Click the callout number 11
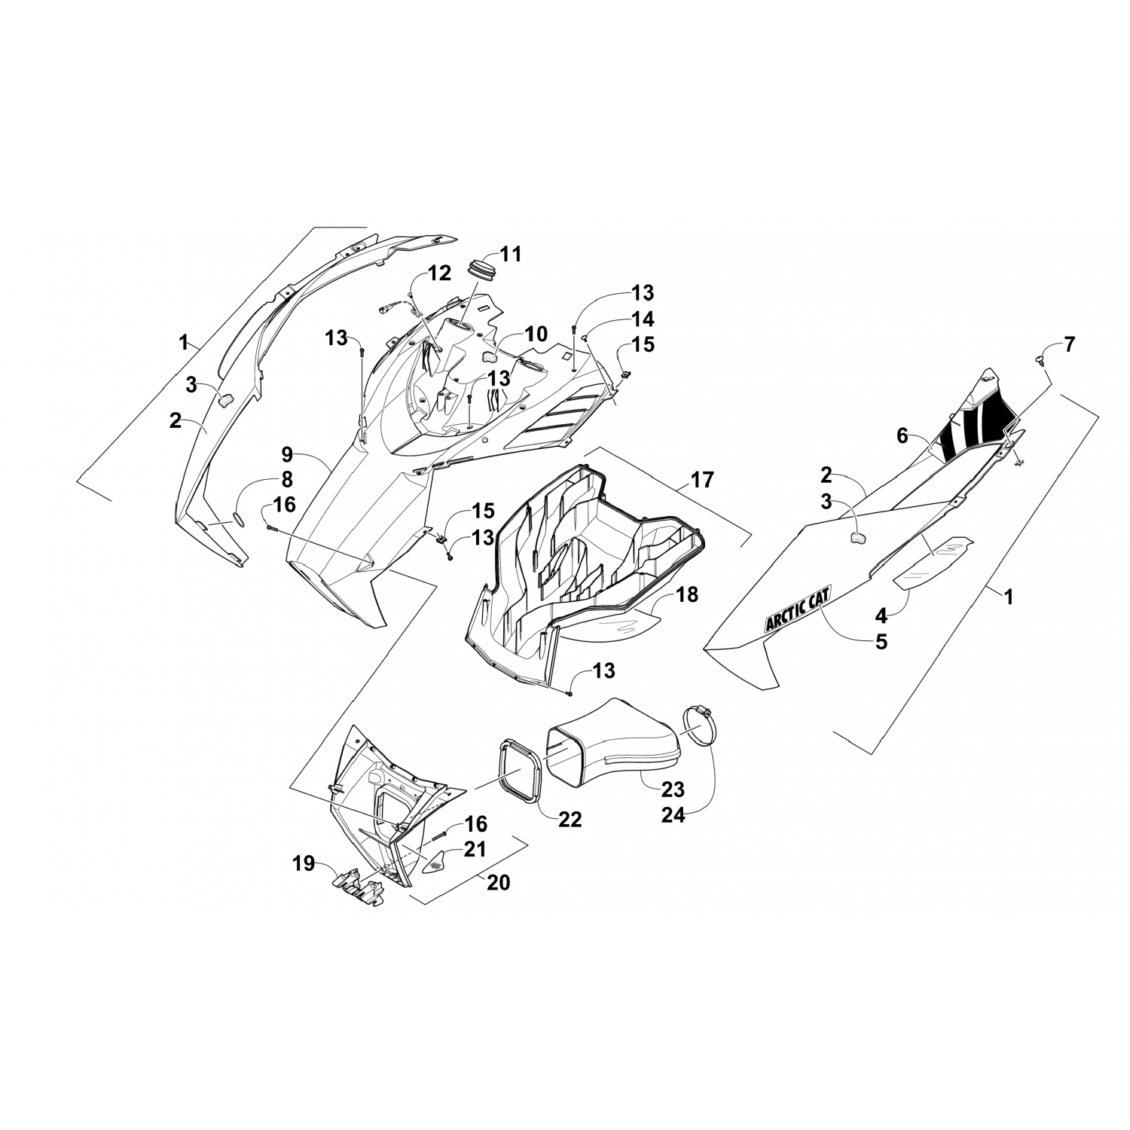[x=511, y=254]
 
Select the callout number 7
[x=1070, y=345]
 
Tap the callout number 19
[x=304, y=863]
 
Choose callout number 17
[x=701, y=479]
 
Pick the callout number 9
[x=287, y=454]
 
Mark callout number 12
[x=439, y=273]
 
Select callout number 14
[x=643, y=319]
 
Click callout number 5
[x=880, y=642]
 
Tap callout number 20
[x=498, y=881]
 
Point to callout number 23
[x=673, y=789]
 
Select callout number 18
[x=686, y=594]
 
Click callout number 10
[x=536, y=334]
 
